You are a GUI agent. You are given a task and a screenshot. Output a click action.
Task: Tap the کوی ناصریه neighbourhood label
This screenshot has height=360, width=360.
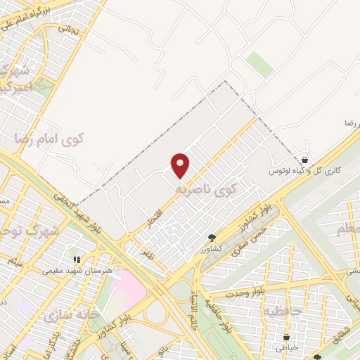point(214,189)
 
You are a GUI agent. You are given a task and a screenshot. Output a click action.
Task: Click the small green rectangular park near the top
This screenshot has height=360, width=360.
point(260,65)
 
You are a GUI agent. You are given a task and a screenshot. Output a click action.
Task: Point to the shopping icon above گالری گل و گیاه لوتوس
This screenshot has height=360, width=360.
point(304,160)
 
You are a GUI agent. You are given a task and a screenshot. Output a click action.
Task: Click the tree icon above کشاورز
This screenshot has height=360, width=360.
point(213,238)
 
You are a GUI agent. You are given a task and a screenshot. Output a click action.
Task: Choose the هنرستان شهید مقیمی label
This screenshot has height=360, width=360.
point(74,270)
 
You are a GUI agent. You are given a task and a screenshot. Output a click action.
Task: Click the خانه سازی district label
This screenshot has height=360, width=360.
point(68,316)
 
